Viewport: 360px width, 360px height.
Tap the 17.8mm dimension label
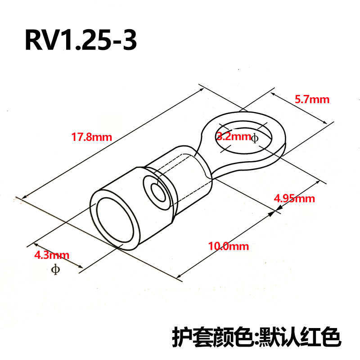coord(91,137)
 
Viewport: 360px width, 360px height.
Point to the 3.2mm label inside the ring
coord(233,137)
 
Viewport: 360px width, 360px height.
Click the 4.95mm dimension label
coord(294,198)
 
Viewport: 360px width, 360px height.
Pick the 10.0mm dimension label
coord(228,246)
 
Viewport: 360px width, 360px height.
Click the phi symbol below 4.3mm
coord(55,270)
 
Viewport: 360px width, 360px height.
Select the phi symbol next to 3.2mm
coord(255,138)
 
